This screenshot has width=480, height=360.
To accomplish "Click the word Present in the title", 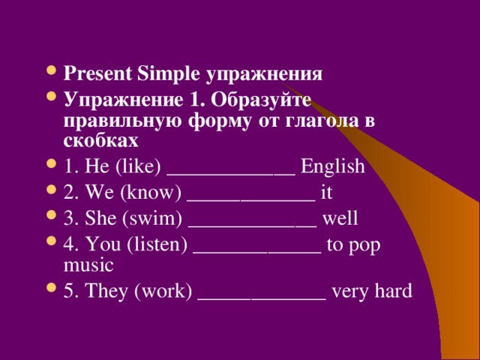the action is click(97, 73).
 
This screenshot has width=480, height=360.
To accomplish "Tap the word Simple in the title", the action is click(168, 74).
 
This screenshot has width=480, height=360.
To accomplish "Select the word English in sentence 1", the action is click(333, 166).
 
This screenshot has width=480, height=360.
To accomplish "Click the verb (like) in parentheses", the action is click(139, 166).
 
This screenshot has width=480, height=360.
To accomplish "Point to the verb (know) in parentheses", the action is click(151, 193).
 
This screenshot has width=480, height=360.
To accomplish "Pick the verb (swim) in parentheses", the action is click(152, 218).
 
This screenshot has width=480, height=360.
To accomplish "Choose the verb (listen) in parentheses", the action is click(157, 244).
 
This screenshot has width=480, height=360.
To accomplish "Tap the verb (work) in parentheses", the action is click(163, 290).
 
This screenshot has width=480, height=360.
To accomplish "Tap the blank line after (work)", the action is click(262, 298).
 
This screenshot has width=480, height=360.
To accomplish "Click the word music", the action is click(88, 265).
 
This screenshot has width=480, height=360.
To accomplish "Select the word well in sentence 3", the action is click(340, 218).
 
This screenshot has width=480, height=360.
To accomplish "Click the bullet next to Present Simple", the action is click(51, 71).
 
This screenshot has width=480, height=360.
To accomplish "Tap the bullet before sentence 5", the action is click(51, 288).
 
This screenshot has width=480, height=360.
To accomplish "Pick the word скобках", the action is click(101, 141).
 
